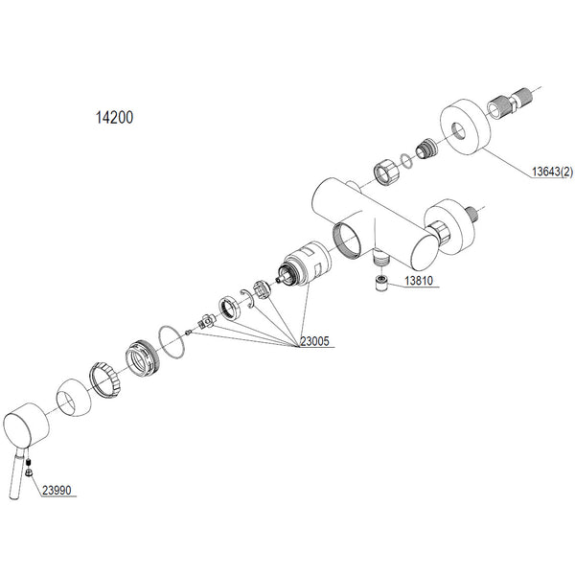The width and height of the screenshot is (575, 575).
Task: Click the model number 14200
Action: [114, 117]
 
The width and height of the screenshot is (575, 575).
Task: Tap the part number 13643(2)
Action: [552, 172]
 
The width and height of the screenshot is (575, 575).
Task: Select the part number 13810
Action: [419, 281]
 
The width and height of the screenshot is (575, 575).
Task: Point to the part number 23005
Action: [315, 341]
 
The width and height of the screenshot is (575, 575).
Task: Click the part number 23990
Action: [57, 490]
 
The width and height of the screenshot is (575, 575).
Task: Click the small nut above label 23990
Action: [29, 473]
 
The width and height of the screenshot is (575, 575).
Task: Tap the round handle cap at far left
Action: [26, 425]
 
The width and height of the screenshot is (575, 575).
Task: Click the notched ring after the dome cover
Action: [105, 379]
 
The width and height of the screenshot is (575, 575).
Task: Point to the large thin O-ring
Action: [172, 342]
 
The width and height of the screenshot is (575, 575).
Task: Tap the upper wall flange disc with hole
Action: [465, 126]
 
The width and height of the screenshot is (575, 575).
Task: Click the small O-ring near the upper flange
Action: [406, 160]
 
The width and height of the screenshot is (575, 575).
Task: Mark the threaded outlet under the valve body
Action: [380, 256]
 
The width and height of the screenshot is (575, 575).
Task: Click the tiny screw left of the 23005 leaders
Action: [189, 333]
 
